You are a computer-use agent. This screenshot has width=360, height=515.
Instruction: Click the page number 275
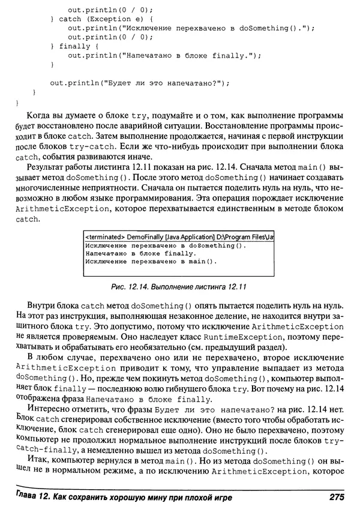click(x=335, y=497)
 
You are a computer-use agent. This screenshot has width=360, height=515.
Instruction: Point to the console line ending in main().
click(x=150, y=262)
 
